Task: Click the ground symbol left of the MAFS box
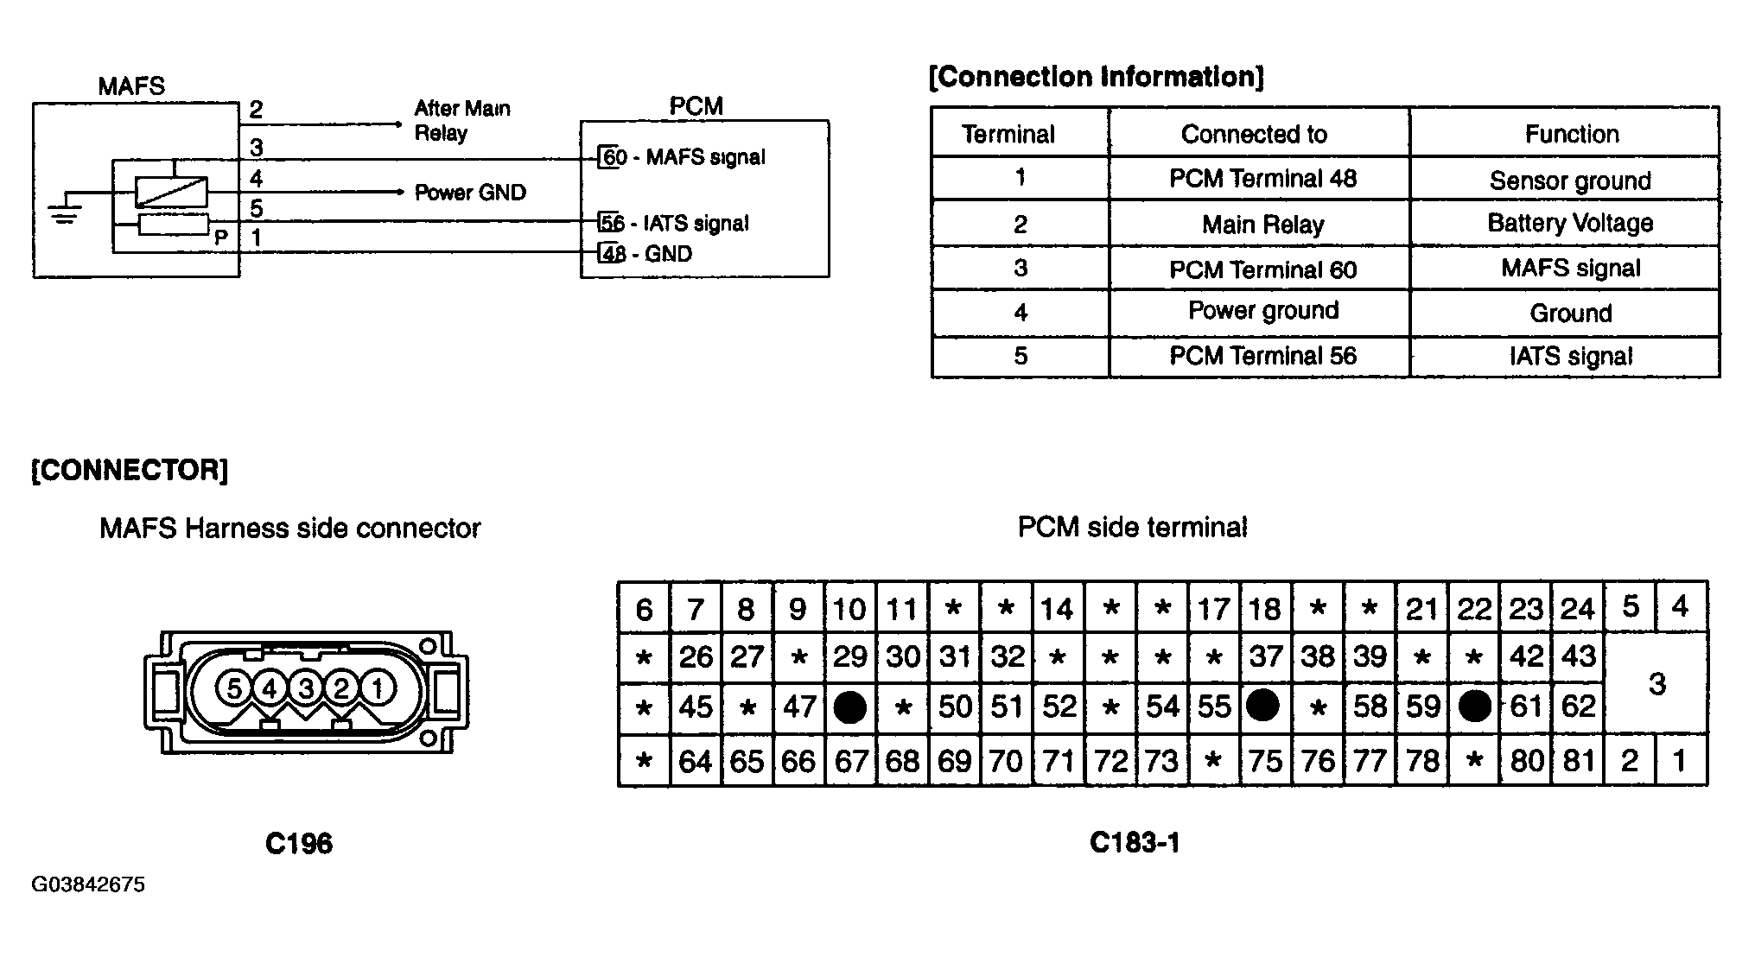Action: (x=64, y=213)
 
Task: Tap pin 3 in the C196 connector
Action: (x=306, y=688)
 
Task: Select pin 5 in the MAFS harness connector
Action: (x=233, y=688)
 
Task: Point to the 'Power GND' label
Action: (x=470, y=192)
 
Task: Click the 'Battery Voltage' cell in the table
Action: (x=1570, y=223)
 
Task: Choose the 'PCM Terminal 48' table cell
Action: (x=1262, y=178)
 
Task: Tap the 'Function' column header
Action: (x=1571, y=134)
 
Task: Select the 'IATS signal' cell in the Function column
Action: (x=1571, y=356)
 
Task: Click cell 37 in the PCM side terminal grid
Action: (x=1266, y=657)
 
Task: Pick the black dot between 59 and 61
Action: (x=1474, y=707)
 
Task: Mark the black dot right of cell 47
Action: (x=849, y=708)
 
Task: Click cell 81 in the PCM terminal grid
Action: (x=1578, y=761)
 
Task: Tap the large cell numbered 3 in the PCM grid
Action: (x=1656, y=684)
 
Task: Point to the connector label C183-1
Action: (x=1135, y=842)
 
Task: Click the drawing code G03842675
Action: (x=88, y=884)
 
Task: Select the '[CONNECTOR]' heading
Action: (x=130, y=471)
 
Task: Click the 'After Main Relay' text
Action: (x=462, y=121)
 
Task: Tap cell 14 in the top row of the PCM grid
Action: (x=1058, y=608)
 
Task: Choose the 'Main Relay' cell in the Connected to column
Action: (x=1262, y=225)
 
